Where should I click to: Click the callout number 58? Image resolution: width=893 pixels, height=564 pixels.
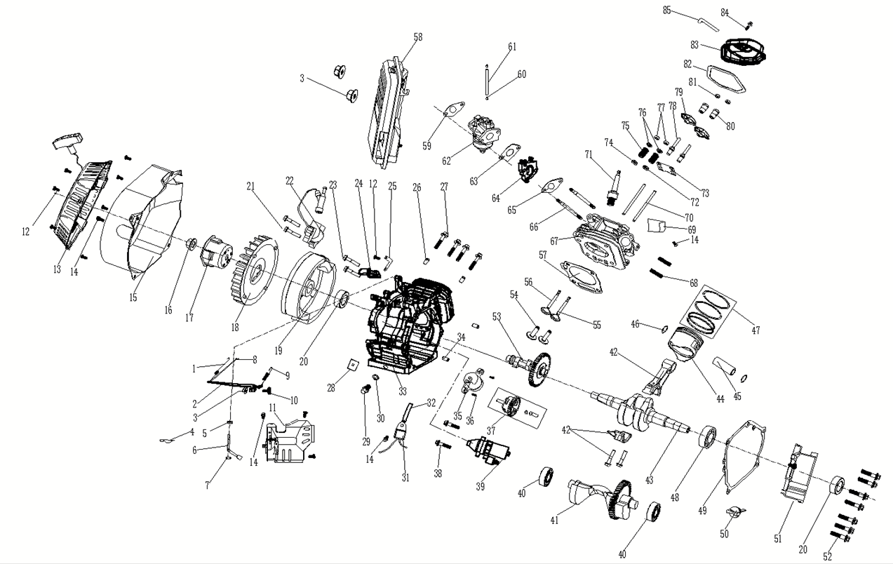pyautogui.click(x=418, y=36)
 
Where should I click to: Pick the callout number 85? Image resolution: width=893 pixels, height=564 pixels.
pyautogui.click(x=666, y=10)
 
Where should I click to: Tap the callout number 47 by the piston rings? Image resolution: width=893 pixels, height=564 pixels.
pyautogui.click(x=755, y=330)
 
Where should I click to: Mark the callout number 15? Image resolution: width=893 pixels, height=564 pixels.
pyautogui.click(x=133, y=297)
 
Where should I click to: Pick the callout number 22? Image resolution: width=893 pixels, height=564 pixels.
pyautogui.click(x=289, y=180)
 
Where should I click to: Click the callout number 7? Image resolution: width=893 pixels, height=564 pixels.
pyautogui.click(x=207, y=485)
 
